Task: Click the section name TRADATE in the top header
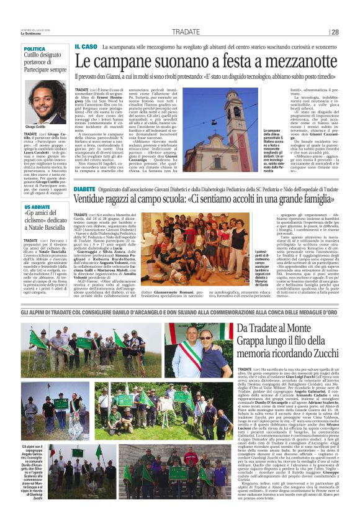tap(186, 32)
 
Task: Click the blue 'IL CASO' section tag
tap(86, 47)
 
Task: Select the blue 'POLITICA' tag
tap(35, 49)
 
